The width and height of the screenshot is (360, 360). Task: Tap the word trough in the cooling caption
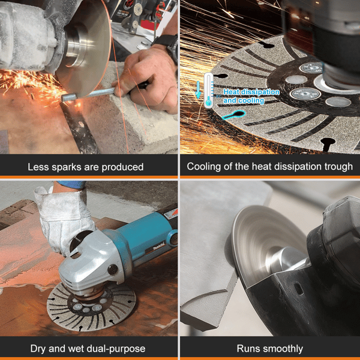[337, 167]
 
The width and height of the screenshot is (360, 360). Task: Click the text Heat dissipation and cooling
[251, 97]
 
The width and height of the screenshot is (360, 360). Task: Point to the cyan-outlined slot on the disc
[231, 118]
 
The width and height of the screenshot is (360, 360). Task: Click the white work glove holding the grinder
[60, 216]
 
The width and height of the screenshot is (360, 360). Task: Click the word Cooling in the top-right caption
[203, 167]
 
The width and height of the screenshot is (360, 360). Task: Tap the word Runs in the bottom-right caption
[248, 349]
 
